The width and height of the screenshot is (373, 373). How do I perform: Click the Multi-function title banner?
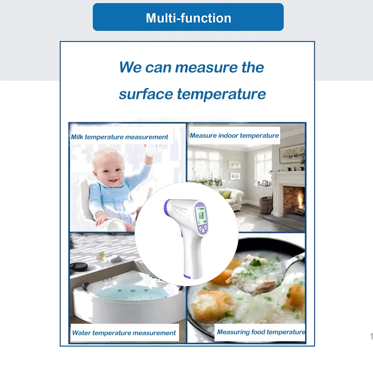point(188,17)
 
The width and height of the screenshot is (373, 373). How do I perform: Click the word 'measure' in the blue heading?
point(206,67)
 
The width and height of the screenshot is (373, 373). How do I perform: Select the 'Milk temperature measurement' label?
point(120,137)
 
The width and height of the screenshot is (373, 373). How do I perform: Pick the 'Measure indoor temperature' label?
point(234,136)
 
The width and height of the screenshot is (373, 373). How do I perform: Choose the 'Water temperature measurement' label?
point(124,333)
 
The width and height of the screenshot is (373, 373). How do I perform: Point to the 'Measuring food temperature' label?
point(261,332)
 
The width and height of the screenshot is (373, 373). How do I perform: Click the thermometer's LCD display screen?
point(200,216)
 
